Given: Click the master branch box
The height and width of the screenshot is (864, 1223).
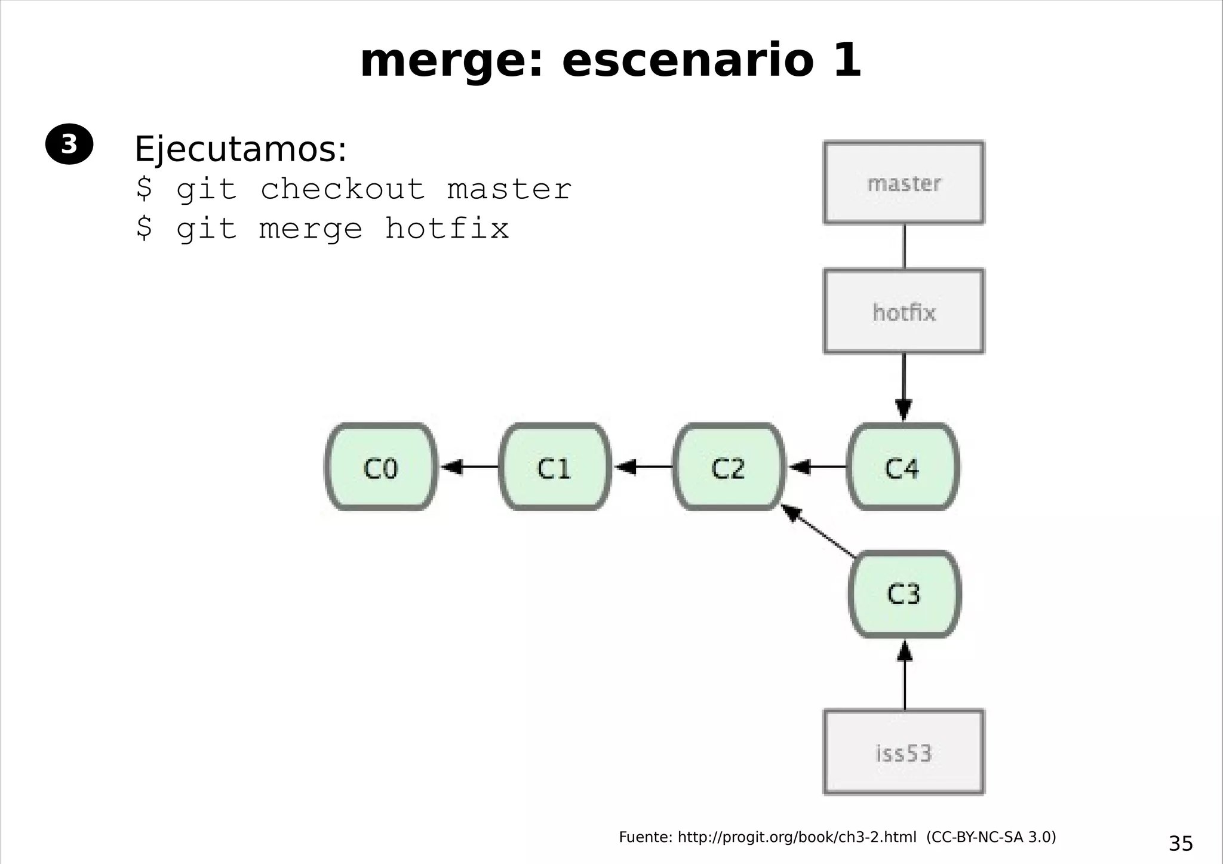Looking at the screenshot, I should [x=904, y=183].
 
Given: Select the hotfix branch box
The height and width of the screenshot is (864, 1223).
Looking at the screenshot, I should [x=904, y=311].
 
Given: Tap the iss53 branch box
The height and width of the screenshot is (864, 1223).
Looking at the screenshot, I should [x=904, y=752].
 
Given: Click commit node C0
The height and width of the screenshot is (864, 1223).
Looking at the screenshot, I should [x=380, y=467].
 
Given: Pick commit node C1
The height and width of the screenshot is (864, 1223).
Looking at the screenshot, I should [x=555, y=467].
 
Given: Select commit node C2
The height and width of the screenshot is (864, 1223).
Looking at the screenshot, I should [x=729, y=467].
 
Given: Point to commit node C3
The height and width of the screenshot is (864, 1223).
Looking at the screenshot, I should [x=904, y=594].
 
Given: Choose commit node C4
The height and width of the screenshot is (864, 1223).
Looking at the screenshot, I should [x=902, y=467].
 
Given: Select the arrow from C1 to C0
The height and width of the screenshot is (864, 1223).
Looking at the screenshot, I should [x=469, y=466].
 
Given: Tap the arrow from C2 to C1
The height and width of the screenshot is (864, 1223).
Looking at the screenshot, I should [x=643, y=466].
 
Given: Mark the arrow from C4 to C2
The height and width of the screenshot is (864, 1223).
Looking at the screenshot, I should [x=817, y=466].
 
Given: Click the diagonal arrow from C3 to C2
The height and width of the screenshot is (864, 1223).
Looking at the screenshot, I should [x=818, y=531].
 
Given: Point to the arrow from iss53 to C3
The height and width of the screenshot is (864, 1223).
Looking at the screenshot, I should [x=905, y=675].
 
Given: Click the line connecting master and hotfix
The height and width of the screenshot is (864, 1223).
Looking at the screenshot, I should [x=904, y=246].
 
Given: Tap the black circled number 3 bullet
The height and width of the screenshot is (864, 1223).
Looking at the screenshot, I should [x=69, y=144].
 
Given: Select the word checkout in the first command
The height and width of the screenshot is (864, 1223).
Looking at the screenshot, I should [x=343, y=189].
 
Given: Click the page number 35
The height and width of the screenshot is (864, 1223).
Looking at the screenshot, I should [x=1181, y=844].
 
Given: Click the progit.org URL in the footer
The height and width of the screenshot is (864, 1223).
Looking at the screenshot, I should [x=797, y=837].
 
